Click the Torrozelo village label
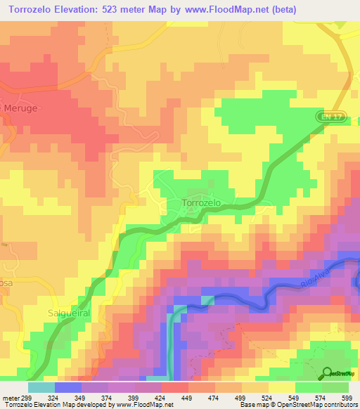point(202,202)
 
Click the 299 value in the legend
point(32,397)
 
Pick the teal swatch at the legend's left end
point(41,387)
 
